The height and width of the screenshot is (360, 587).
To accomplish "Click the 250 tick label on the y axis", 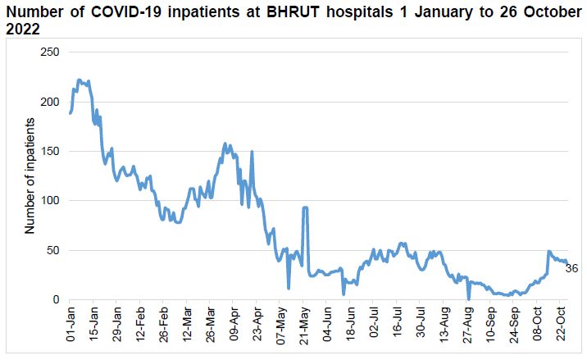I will click(50, 52).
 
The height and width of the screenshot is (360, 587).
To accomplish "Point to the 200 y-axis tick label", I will click(50, 102).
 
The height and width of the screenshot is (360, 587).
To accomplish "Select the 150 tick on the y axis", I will click(50, 151).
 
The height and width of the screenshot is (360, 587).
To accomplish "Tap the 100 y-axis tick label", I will click(50, 201).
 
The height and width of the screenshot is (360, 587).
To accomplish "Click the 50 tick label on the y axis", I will click(53, 250).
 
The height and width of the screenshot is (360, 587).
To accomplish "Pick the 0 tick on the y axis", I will click(57, 300).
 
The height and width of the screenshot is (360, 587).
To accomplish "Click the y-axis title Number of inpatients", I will click(30, 175).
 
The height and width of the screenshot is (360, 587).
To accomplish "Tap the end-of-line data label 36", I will click(572, 268).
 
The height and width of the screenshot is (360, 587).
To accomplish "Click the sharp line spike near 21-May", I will click(305, 208).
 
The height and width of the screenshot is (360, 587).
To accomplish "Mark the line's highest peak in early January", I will click(80, 80).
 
